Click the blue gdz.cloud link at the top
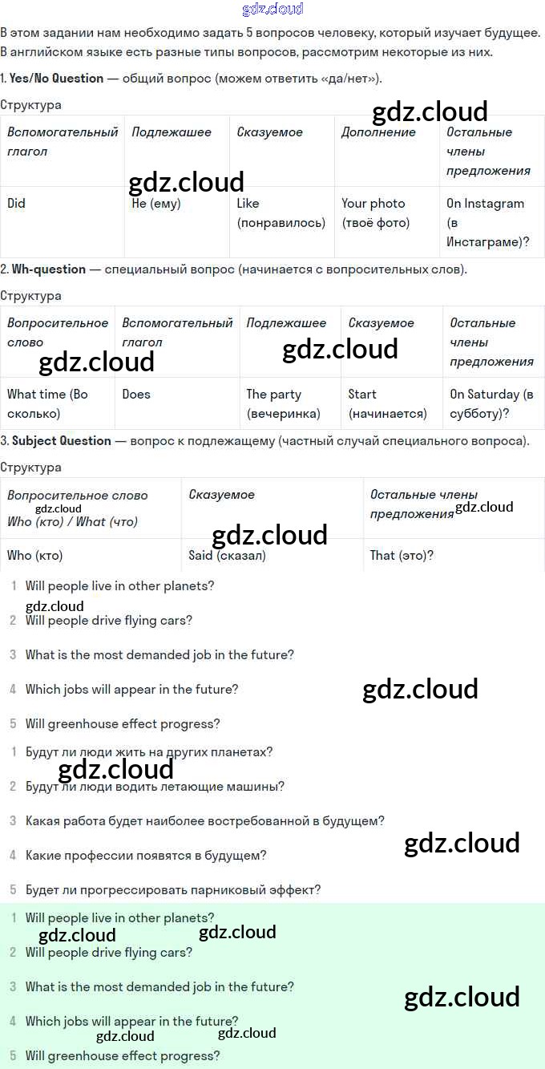click(x=272, y=10)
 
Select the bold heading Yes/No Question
click(x=56, y=79)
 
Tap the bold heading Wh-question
click(x=49, y=269)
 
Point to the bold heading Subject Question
click(x=62, y=441)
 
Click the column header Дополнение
click(x=378, y=132)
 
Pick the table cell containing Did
click(x=17, y=204)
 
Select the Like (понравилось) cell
click(x=281, y=213)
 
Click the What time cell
click(x=47, y=404)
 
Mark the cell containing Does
click(x=136, y=395)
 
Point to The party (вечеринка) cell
click(x=282, y=404)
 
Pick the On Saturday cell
click(x=490, y=404)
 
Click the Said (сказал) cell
click(x=228, y=555)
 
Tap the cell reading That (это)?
click(x=402, y=555)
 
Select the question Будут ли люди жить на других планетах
click(x=149, y=752)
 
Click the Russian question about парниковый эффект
click(x=173, y=890)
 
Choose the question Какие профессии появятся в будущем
click(x=146, y=856)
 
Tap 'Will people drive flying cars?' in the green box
click(x=109, y=953)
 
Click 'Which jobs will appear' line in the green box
click(x=131, y=1022)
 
